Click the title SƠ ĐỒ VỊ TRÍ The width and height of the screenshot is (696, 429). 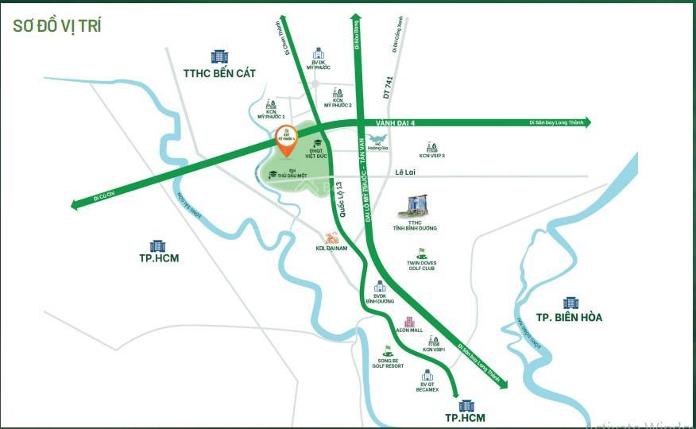[x=56, y=25]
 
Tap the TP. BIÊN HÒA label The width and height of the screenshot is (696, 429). [x=569, y=317]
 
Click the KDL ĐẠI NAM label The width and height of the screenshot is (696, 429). [x=331, y=249]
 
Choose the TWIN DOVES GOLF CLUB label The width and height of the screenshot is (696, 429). [x=421, y=265]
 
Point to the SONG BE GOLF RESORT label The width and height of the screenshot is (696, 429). [x=387, y=362]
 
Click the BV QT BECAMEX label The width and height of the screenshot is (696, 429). [x=427, y=387]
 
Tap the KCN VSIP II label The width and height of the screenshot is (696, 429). [x=431, y=156]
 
